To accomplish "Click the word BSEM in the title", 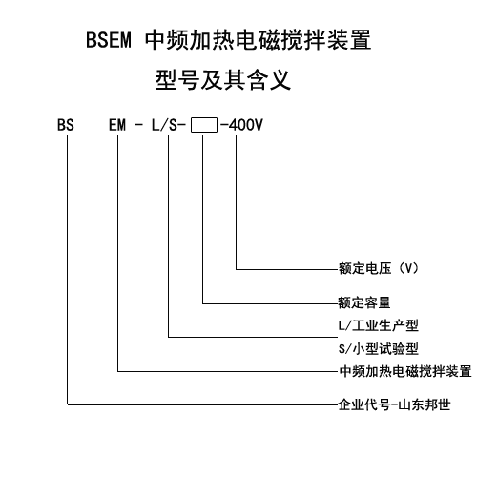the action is tap(109, 40).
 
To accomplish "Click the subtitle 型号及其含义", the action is tap(223, 80).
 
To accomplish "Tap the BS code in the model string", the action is tap(66, 125).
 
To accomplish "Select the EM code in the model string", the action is tap(117, 125).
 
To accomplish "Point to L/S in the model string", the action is tap(164, 125).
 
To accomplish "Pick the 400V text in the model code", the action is tap(246, 125).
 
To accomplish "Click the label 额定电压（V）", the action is tap(379, 268).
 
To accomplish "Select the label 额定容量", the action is tap(364, 302).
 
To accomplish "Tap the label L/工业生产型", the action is tap(379, 325).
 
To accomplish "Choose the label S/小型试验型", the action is tap(379, 349).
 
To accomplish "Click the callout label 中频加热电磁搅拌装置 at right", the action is tap(405, 371).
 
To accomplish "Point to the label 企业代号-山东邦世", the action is tap(394, 404).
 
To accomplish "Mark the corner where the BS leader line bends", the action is tap(68, 404).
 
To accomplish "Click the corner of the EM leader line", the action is tap(118, 371).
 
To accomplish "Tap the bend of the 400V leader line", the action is tap(236, 269).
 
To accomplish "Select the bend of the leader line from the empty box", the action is tap(203, 303).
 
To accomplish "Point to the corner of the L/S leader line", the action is tap(169, 337).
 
